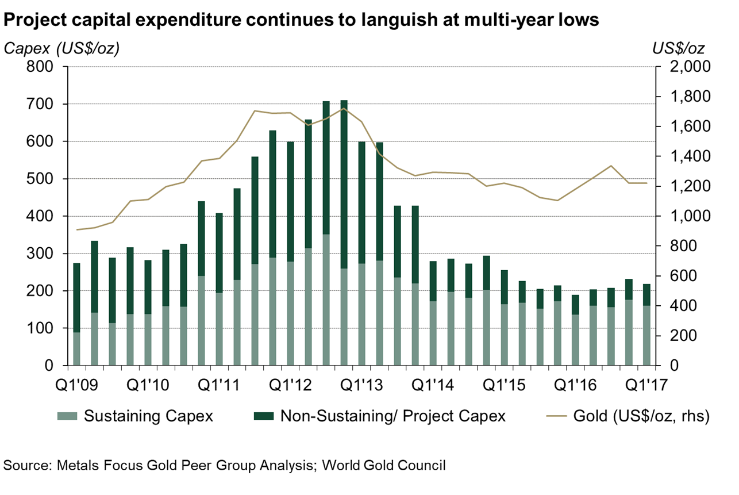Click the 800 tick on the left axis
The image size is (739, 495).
coord(42,67)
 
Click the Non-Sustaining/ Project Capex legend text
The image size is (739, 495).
coord(392,416)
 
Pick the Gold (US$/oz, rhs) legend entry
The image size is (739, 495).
coord(641,416)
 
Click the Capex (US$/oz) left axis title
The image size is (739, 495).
coord(61,48)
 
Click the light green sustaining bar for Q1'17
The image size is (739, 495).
coord(646,336)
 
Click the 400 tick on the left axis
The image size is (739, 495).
coord(42,217)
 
